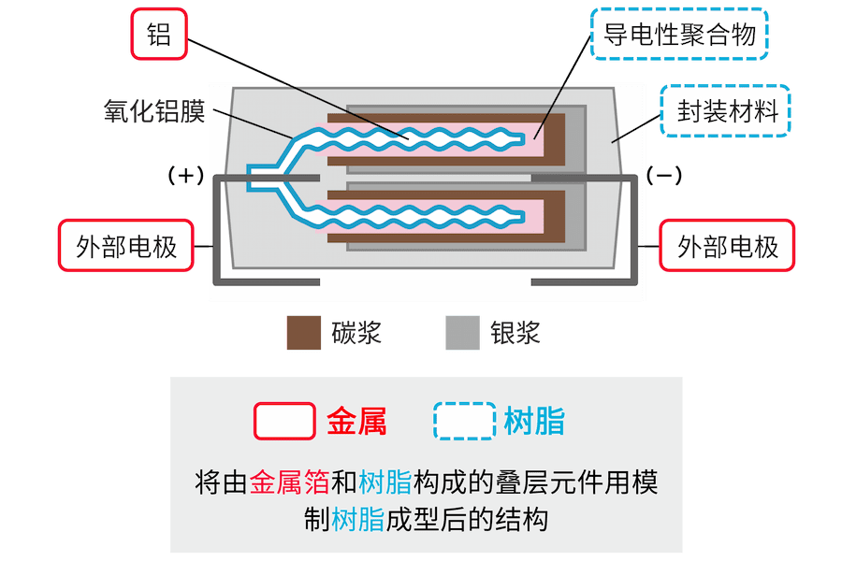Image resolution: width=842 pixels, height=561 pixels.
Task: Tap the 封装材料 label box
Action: pyautogui.click(x=727, y=112)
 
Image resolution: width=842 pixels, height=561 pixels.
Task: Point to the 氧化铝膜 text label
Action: pyautogui.click(x=153, y=112)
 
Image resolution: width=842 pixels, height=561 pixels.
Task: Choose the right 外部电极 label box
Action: pyautogui.click(x=727, y=246)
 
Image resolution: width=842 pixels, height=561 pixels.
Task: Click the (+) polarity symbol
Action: pyautogui.click(x=184, y=175)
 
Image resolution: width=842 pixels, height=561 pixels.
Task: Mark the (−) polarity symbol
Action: pyautogui.click(x=664, y=175)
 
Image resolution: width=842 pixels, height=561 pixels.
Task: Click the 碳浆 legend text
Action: pyautogui.click(x=356, y=333)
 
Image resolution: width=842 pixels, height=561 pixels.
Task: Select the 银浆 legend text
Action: pyautogui.click(x=515, y=333)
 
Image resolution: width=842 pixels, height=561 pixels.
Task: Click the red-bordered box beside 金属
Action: pyautogui.click(x=284, y=422)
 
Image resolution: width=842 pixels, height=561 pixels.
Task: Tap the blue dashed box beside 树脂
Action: pyautogui.click(x=465, y=422)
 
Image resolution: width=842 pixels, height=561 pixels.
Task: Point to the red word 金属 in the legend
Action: pyautogui.click(x=356, y=422)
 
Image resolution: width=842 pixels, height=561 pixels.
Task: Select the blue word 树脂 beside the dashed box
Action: pyautogui.click(x=533, y=422)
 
